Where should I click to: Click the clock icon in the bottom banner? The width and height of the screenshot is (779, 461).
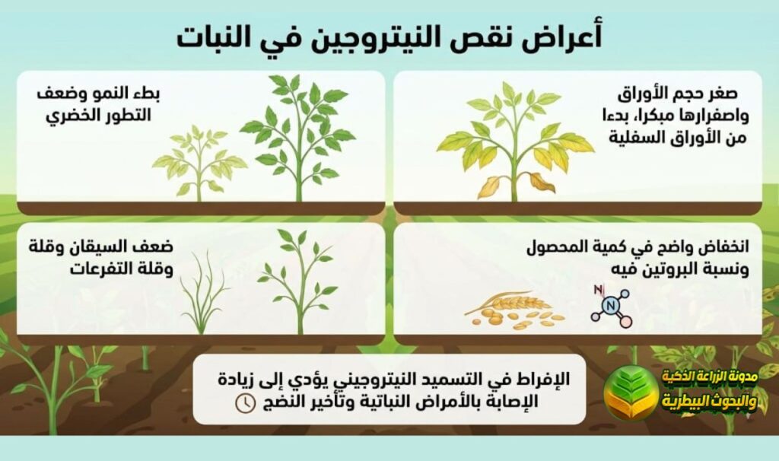245,402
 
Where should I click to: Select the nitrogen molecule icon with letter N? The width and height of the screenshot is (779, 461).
609,305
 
